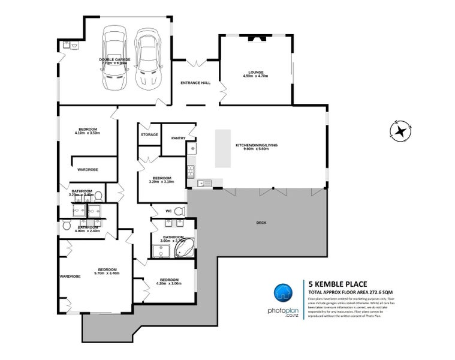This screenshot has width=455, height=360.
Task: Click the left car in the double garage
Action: point(115,58)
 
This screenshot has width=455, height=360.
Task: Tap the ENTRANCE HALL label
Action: point(195,83)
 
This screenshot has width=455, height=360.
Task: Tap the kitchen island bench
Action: point(223,148)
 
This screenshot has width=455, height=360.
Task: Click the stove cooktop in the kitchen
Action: point(191,171)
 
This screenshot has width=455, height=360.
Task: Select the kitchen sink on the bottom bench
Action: point(204,182)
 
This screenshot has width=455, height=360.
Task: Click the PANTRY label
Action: point(178,138)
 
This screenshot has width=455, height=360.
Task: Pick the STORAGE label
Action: point(149,134)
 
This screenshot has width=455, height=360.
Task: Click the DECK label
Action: point(261,223)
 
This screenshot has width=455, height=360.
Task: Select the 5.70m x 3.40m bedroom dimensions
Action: point(107,274)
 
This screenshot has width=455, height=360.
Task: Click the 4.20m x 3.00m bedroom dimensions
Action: point(168,284)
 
